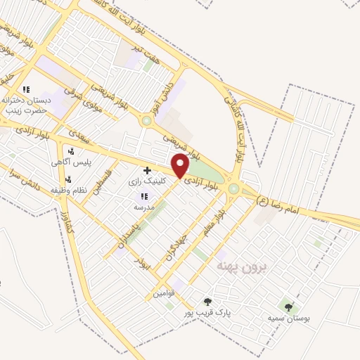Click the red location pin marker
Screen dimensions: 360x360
point(180,166)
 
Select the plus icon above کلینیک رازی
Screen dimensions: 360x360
point(147,170)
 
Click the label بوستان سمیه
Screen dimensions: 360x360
point(288,318)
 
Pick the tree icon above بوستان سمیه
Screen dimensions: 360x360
point(288,306)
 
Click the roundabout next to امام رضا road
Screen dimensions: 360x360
point(233,188)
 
